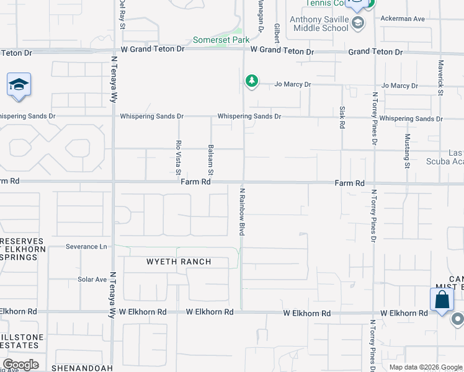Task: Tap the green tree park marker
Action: pyautogui.click(x=251, y=81)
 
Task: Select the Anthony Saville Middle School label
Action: pyautogui.click(x=318, y=24)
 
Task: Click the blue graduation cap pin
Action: pyautogui.click(x=19, y=85)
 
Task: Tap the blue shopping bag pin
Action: pyautogui.click(x=442, y=300)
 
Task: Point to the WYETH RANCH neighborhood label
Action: pyautogui.click(x=179, y=262)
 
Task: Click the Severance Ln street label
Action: pyautogui.click(x=86, y=247)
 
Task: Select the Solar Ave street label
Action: pyautogui.click(x=92, y=280)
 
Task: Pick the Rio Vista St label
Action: pyautogui.click(x=178, y=154)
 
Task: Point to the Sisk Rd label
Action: pyautogui.click(x=342, y=117)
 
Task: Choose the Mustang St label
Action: pyautogui.click(x=408, y=151)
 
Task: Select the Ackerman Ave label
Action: pyautogui.click(x=403, y=19)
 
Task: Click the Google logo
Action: pyautogui.click(x=20, y=365)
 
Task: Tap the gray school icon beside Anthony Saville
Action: pyautogui.click(x=357, y=24)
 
